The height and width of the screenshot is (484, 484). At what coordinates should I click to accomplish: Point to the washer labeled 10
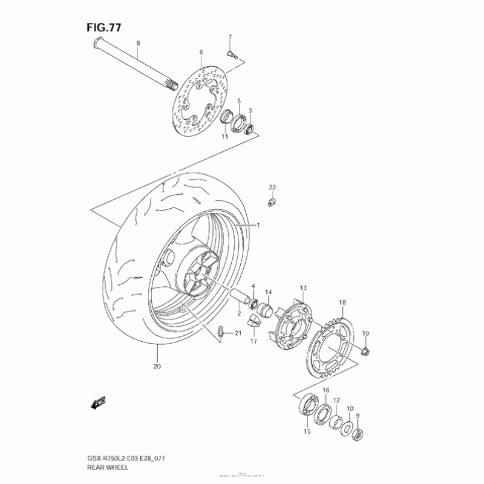coord(347,427)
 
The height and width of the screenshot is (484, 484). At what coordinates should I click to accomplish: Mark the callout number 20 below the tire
coord(157,367)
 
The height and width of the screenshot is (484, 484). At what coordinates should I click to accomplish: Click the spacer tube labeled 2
coord(241,298)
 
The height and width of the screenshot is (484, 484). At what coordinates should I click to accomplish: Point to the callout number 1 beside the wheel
coord(258,225)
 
